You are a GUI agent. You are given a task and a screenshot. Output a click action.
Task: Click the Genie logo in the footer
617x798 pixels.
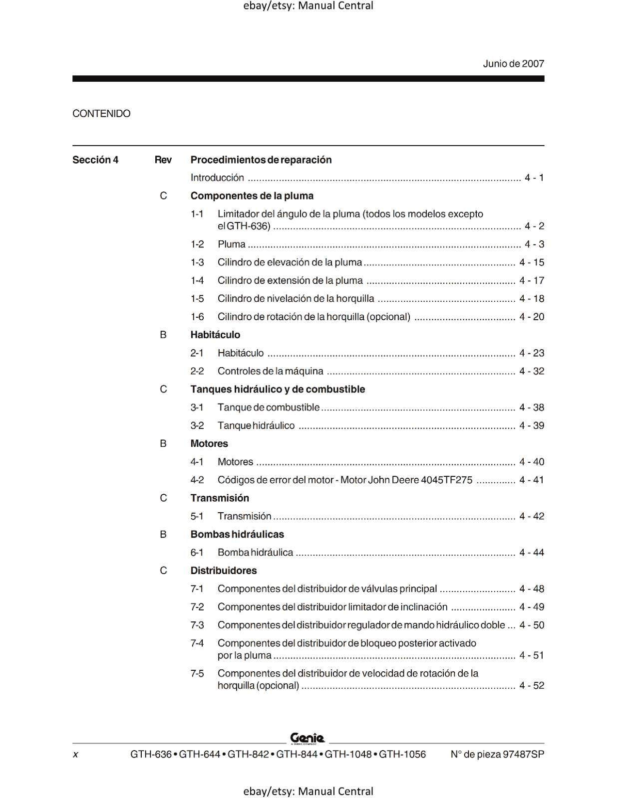[308, 738]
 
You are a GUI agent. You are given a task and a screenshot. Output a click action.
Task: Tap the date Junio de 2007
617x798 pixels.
[513, 64]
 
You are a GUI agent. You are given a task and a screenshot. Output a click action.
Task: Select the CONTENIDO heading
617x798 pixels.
[101, 114]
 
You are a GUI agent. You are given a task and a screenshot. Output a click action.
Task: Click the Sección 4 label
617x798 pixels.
[95, 160]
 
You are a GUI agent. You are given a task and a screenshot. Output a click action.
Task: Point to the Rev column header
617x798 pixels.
[163, 160]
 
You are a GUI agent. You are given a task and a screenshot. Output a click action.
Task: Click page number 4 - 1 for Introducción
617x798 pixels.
[534, 178]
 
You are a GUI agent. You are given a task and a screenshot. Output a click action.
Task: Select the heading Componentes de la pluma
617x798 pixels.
[252, 196]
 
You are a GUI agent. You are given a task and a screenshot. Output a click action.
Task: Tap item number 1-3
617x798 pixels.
[197, 262]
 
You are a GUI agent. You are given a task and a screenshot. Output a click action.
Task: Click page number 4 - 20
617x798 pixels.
[531, 317]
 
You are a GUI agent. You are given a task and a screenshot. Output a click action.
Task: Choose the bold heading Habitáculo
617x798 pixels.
[215, 335]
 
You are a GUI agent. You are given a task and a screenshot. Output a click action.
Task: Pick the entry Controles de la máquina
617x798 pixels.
[270, 371]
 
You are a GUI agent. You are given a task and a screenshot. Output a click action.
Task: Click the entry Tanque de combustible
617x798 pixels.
[268, 407]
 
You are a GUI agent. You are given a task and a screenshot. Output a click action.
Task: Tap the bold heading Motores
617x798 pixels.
[209, 443]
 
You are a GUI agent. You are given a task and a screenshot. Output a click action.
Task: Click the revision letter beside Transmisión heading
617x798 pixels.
[163, 498]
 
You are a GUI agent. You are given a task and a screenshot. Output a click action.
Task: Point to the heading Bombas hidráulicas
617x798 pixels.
[237, 534]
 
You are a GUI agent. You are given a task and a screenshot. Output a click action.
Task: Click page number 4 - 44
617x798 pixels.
[531, 553]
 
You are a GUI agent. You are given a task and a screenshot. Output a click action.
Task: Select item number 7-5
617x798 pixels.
[197, 674]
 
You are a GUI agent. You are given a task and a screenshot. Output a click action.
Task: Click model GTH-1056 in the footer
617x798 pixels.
[402, 755]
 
